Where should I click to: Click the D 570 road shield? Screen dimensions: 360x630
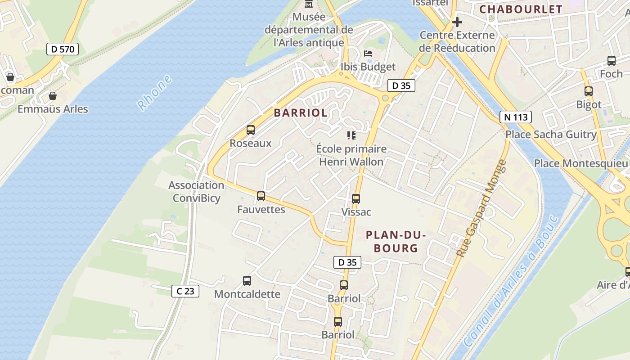click(63, 49)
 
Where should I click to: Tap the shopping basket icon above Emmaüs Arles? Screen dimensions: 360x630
click(53, 96)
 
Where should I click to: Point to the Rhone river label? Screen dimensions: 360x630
click(155, 93)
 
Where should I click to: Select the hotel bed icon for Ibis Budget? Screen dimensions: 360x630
click(368, 53)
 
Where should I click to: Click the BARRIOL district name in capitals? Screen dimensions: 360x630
click(301, 113)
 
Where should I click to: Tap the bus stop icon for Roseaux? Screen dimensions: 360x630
click(251, 130)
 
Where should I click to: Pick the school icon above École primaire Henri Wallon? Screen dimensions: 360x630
click(351, 135)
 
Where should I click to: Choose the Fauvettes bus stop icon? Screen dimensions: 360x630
click(261, 196)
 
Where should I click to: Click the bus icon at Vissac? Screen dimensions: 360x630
click(356, 198)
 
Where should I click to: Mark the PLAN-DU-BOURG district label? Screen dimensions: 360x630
click(396, 241)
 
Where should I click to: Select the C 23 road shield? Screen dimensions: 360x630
click(185, 291)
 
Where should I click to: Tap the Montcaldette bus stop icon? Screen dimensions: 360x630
click(247, 281)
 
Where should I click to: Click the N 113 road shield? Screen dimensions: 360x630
click(515, 117)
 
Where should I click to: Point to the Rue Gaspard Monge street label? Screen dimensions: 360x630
click(481, 209)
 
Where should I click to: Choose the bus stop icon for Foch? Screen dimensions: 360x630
click(612, 60)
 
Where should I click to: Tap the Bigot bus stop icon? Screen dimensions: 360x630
click(589, 91)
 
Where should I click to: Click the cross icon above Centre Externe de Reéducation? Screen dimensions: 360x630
click(457, 22)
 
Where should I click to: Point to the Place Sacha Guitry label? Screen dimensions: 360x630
click(551, 135)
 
